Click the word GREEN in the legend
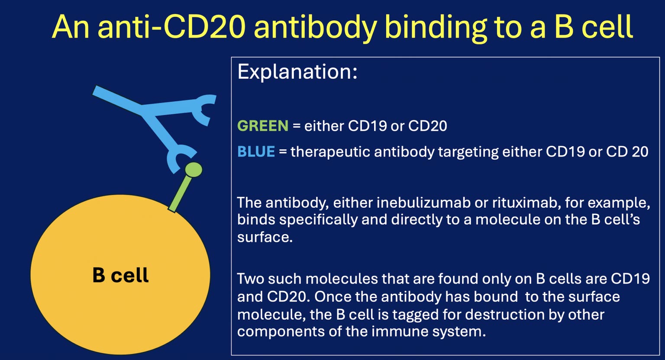(x=263, y=126)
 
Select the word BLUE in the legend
(x=256, y=152)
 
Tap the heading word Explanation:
(x=297, y=72)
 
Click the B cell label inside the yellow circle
(x=120, y=276)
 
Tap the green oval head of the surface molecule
(x=194, y=170)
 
